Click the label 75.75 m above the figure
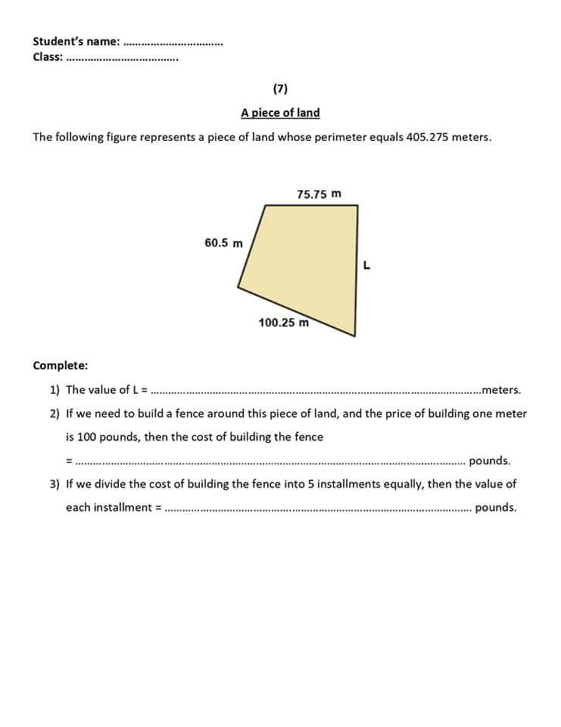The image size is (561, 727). coord(319,194)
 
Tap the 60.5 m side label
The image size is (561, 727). coord(223,243)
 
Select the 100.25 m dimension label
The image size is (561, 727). coord(284,322)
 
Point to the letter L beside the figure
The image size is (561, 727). coord(366,265)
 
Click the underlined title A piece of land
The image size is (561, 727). coord(280,113)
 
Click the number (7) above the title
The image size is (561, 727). coord(280,89)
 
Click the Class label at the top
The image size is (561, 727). coord(48,56)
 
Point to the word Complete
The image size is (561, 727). coord(60,365)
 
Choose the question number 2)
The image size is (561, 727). coord(55,413)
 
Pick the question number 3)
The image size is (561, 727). coord(55,484)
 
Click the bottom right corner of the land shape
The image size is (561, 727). coord(354,335)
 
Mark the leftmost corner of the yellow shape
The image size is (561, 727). coord(238,289)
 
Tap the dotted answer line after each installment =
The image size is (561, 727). coord(318,509)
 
